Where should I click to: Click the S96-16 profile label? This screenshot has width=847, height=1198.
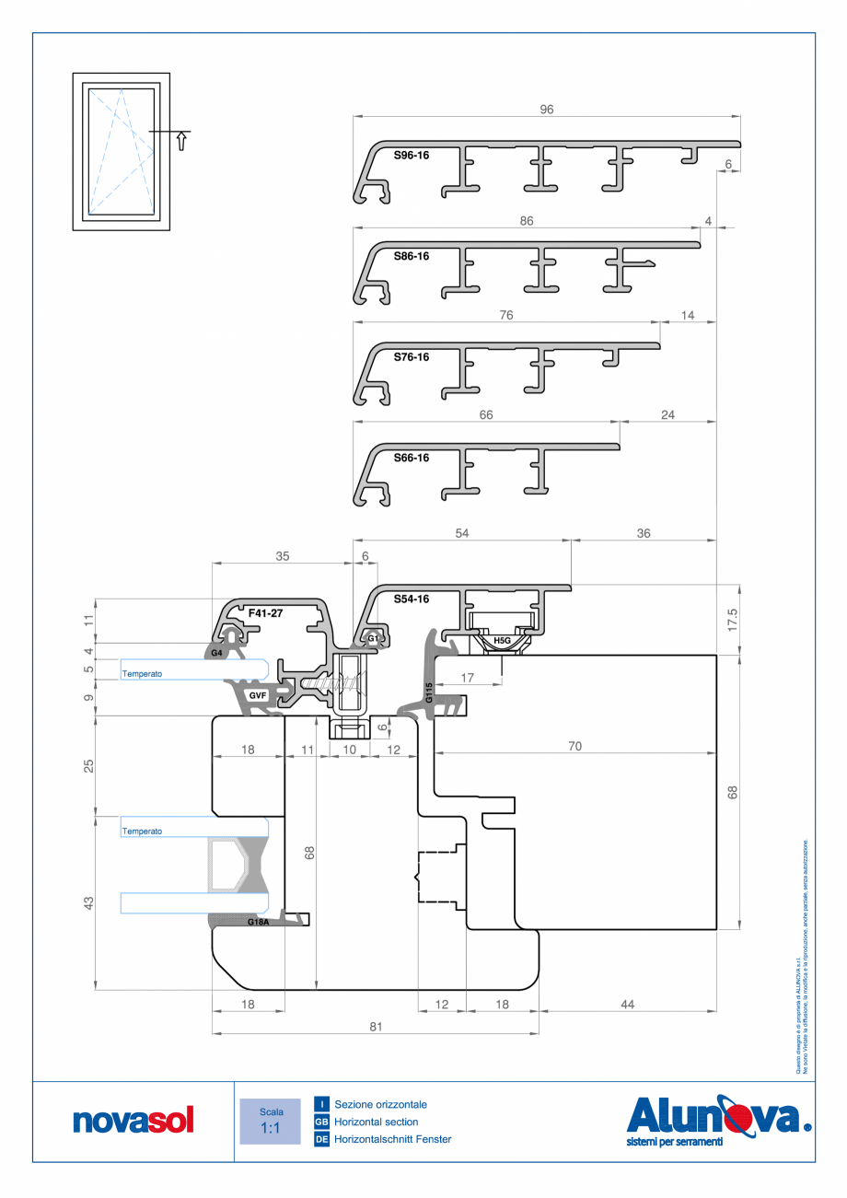coord(412,156)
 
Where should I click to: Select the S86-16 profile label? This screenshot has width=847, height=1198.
coord(412,256)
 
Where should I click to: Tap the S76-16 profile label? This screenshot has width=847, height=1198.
coord(412,356)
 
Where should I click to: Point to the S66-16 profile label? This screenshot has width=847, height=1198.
coord(412,457)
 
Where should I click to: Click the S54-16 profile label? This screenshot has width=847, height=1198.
coord(412,599)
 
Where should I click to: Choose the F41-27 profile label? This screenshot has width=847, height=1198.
coord(267,611)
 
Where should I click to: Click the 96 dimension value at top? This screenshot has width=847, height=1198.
coord(547,109)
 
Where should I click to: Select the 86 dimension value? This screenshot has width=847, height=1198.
coord(527,221)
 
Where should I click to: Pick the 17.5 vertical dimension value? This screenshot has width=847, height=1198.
coord(733,619)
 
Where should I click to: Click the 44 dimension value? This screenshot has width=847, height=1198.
coord(627,1005)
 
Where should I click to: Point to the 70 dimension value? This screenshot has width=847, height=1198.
coord(574,747)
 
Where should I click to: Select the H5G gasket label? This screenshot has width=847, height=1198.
coord(502,640)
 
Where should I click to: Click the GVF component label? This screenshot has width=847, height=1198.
coord(257,695)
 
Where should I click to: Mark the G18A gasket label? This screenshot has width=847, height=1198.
coord(259,921)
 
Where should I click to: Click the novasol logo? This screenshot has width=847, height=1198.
coord(134,1121)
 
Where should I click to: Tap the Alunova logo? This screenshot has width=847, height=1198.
coord(718,1119)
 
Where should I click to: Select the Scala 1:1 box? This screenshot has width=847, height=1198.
coord(270,1121)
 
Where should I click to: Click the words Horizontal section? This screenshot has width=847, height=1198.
coord(377,1122)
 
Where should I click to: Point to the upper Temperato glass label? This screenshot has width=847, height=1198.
coord(142,674)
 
